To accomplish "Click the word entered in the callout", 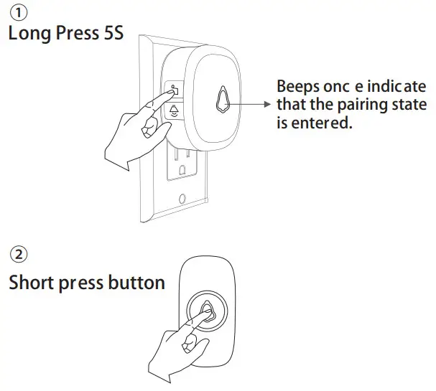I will [323, 123].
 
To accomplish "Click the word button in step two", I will [136, 282].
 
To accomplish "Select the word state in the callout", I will [411, 105].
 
